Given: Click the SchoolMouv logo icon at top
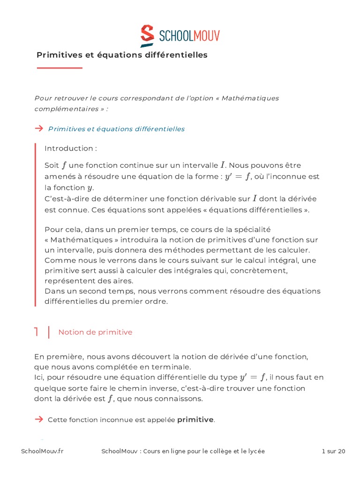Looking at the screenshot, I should tap(147, 36).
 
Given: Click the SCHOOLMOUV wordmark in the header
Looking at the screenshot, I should tap(189, 36).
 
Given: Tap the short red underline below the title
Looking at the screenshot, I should tap(60, 68).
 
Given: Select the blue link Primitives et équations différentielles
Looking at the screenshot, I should tap(116, 129).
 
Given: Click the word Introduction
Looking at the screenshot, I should tap(68, 149).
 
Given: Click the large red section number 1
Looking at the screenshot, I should tap(36, 332).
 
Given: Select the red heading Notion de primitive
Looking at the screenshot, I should tap(95, 332).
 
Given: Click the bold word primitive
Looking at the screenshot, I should tap(195, 420).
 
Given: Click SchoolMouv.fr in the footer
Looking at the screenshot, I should tap(42, 451).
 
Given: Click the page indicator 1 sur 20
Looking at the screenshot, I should tap(333, 451).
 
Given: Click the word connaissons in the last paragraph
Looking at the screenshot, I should tap(180, 399).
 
